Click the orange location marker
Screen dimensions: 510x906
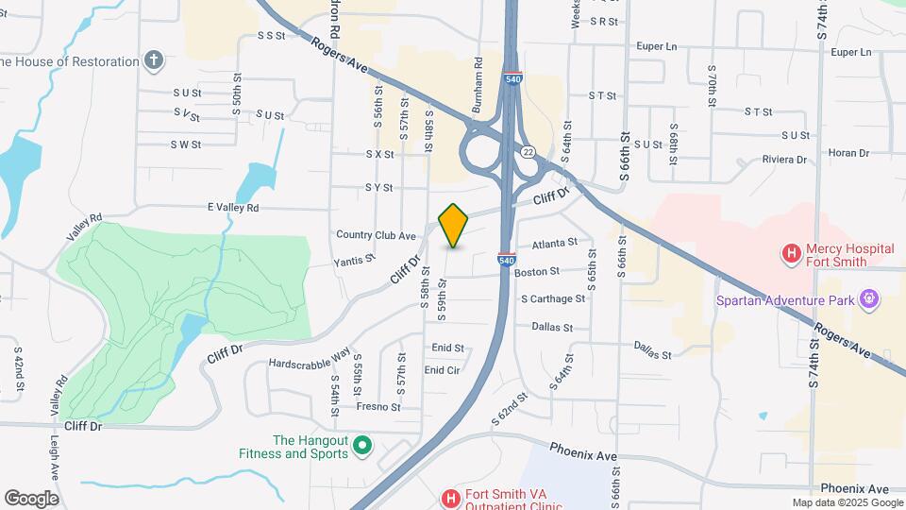pyautogui.click(x=454, y=225)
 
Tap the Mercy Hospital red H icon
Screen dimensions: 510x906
pyautogui.click(x=791, y=253)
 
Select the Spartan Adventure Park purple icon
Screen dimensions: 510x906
pyautogui.click(x=869, y=300)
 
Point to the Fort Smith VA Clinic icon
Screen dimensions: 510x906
pyautogui.click(x=451, y=497)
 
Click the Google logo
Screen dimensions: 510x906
pyautogui.click(x=31, y=498)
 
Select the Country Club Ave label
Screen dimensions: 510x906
pyautogui.click(x=377, y=235)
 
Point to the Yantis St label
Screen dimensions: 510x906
pyautogui.click(x=355, y=257)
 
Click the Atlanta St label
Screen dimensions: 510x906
pyautogui.click(x=554, y=244)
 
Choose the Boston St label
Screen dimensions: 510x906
pyautogui.click(x=538, y=272)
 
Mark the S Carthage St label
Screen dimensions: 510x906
pyautogui.click(x=553, y=298)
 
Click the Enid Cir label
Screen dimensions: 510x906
pyautogui.click(x=442, y=370)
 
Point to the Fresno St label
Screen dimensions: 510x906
pyautogui.click(x=378, y=407)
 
